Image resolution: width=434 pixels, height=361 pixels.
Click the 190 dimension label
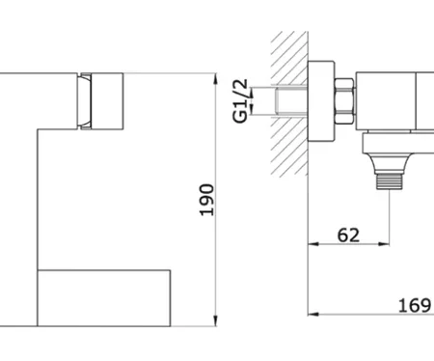coord(206,200)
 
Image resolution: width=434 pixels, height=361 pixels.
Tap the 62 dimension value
coord(348,235)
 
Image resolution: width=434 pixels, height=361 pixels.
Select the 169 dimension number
coord(415,305)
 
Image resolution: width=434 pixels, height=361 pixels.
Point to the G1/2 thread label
coord(240,100)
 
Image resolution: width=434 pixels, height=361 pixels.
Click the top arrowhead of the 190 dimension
coord(216,79)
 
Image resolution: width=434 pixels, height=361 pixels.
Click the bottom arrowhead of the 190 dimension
coord(216,320)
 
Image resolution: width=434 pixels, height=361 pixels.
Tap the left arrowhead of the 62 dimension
coord(313,244)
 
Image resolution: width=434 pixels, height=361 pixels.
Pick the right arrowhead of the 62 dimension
coord(384,244)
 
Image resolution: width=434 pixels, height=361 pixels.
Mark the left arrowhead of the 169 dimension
coord(313,314)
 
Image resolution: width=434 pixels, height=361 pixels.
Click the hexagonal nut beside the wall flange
coord(344,100)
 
